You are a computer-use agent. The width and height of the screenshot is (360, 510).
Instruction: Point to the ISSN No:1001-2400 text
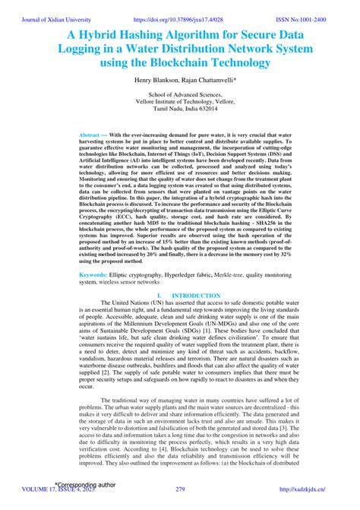pos(317,6)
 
